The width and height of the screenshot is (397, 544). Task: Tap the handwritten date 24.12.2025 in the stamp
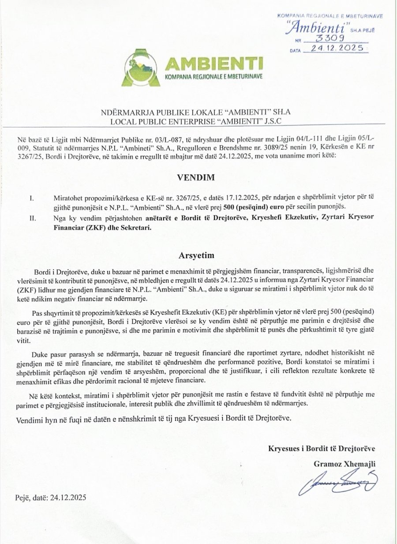click(336, 48)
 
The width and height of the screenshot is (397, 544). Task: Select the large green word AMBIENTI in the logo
click(213, 64)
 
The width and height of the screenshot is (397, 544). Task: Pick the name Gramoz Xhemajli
click(345, 464)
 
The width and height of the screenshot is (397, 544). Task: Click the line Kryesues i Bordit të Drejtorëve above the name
click(322, 449)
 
